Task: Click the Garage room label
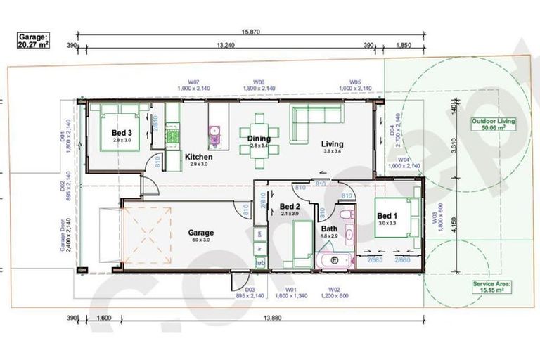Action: [x=200, y=233]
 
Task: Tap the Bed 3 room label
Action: [x=122, y=132]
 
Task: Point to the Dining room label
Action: [x=259, y=139]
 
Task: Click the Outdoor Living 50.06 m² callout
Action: [x=492, y=125]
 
